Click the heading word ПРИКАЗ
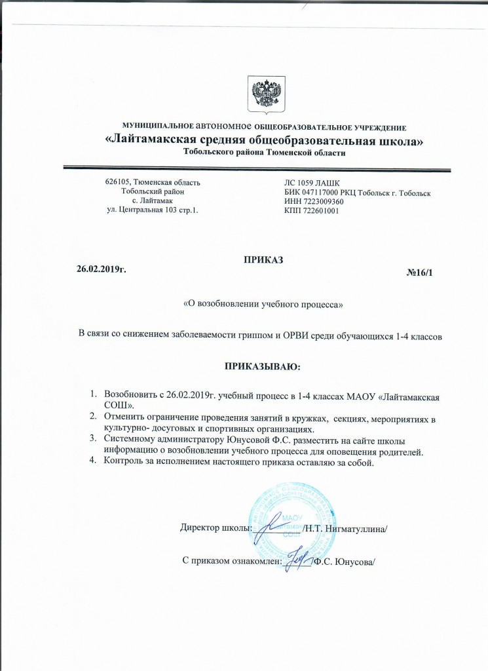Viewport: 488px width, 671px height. pyautogui.click(x=263, y=261)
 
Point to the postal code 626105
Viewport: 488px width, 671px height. pyautogui.click(x=118, y=182)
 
